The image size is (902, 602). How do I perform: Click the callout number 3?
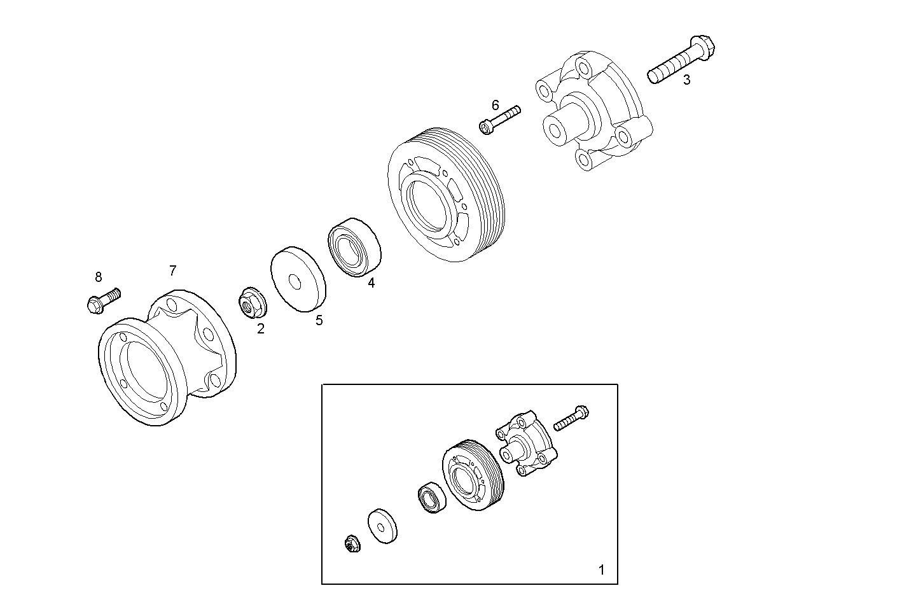tap(686, 80)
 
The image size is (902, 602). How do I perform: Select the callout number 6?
tap(496, 105)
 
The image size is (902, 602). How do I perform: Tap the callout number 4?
tap(371, 283)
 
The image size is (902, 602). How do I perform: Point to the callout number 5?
tap(319, 320)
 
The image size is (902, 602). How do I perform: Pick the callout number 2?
tap(260, 328)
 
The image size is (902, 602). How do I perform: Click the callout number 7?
tap(172, 270)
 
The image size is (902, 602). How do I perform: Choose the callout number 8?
tap(98, 277)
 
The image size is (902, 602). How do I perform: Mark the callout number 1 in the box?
tap(602, 570)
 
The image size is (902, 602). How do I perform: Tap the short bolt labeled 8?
tap(103, 301)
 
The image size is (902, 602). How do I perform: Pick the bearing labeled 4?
tap(355, 247)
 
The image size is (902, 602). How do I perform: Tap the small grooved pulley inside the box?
tap(472, 473)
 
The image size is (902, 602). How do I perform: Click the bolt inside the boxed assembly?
tap(571, 417)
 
